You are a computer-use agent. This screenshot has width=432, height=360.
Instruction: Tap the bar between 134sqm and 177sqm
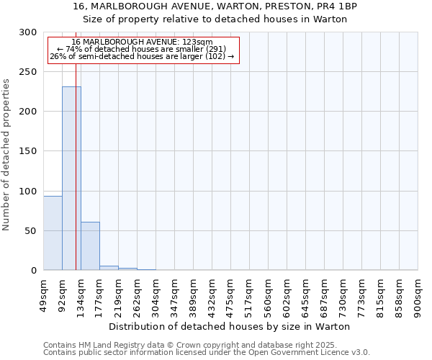tap(90, 246)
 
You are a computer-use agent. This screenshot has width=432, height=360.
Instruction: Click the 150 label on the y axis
tap(28, 151)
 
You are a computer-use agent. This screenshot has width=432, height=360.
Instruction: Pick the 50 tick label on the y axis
tap(31, 231)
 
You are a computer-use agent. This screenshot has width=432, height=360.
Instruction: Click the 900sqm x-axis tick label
tap(418, 294)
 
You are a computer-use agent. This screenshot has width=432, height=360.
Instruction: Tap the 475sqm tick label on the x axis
tap(231, 294)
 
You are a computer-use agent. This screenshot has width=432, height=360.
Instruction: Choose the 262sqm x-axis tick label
tap(138, 294)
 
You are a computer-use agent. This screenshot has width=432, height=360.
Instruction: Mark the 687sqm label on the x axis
tap(325, 294)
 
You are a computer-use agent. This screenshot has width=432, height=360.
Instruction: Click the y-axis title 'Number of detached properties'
tap(7, 155)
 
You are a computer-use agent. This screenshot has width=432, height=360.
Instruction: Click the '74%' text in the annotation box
tap(84, 49)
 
